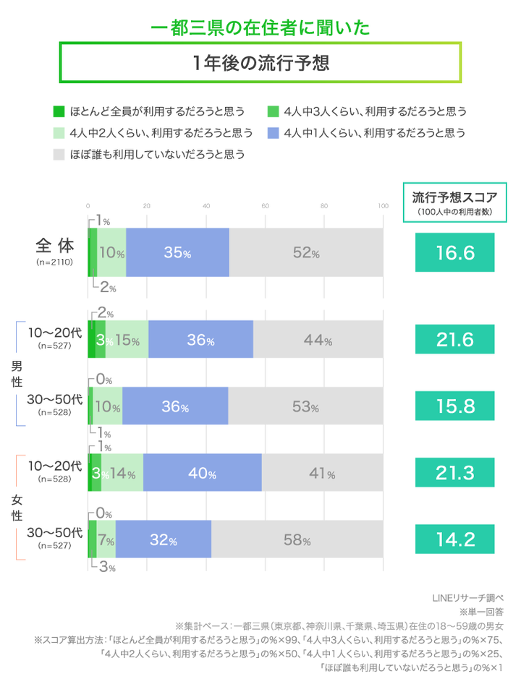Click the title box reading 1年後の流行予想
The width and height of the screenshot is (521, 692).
click(x=260, y=62)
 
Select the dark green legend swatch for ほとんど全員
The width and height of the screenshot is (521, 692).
click(x=59, y=111)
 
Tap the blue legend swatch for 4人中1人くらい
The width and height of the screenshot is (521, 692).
click(x=273, y=133)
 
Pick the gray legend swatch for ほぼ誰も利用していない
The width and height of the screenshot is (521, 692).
click(x=59, y=154)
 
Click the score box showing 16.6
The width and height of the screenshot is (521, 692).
click(x=454, y=252)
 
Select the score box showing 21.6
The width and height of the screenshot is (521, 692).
click(x=454, y=339)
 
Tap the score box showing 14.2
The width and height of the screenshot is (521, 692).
click(x=454, y=539)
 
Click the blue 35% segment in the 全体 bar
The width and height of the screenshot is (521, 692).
click(x=177, y=252)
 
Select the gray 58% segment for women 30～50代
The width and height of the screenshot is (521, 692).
click(x=297, y=539)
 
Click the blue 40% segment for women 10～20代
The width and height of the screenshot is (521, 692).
click(x=202, y=474)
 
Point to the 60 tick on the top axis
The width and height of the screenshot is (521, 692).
click(x=265, y=206)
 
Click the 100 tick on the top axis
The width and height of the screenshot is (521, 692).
click(x=383, y=206)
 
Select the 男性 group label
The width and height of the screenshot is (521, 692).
click(x=17, y=374)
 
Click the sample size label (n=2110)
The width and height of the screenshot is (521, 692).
click(x=54, y=263)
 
